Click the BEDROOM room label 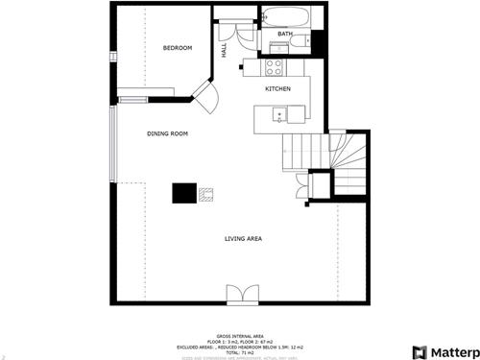(x=178, y=48)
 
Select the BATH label (x=285, y=35)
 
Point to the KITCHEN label (x=278, y=89)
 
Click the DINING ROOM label (x=166, y=134)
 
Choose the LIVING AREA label (x=244, y=238)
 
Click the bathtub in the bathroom (x=283, y=17)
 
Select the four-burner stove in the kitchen (x=273, y=67)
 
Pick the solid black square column (x=182, y=193)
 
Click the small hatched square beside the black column (x=205, y=194)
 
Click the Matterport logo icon (x=420, y=351)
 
